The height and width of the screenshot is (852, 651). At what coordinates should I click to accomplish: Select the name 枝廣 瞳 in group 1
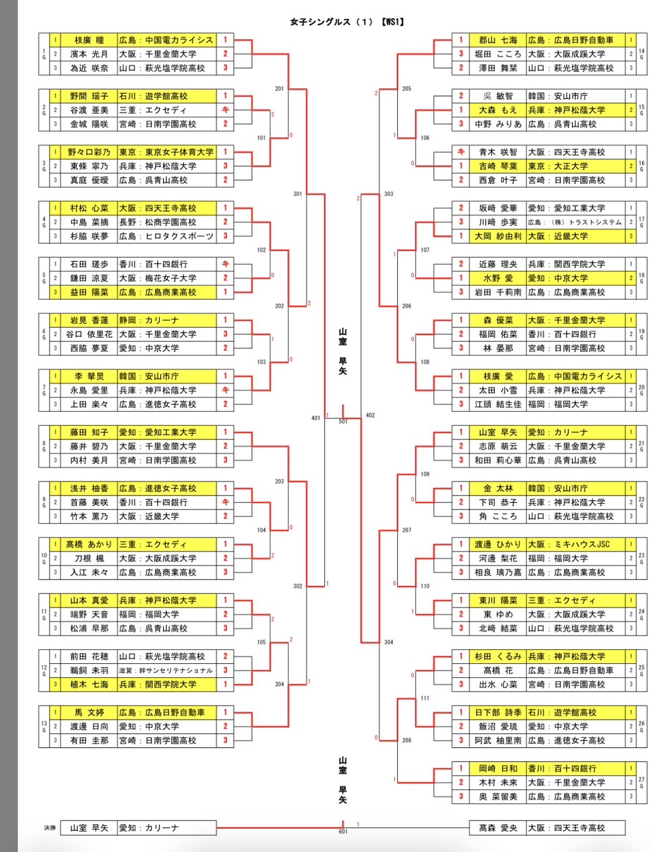tap(89, 40)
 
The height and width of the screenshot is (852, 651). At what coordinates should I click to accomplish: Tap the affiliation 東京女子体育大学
tap(179, 152)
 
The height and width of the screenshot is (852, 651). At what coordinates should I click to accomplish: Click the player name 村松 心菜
tap(89, 208)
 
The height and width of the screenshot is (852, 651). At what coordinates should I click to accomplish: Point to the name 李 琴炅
tap(89, 376)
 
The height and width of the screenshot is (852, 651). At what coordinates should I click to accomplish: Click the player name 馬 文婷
tap(89, 712)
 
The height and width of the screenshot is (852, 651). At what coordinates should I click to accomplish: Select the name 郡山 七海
tap(498, 40)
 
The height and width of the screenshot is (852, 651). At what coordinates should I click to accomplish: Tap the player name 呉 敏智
tap(498, 96)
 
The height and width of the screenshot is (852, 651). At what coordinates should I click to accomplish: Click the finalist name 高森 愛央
tap(498, 828)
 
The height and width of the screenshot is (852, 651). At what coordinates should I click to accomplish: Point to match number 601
tap(343, 832)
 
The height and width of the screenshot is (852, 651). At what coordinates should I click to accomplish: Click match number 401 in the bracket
tap(316, 418)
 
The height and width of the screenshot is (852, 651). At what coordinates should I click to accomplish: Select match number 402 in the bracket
tap(370, 415)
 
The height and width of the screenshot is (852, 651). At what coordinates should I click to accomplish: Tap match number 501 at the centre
tap(343, 421)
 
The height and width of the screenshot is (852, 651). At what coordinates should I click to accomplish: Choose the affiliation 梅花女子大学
tap(171, 278)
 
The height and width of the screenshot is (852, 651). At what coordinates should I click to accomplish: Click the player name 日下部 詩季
tap(498, 712)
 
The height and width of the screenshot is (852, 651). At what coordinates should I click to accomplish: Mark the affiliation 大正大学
tap(571, 166)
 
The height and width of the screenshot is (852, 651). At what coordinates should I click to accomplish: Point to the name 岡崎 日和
tap(498, 768)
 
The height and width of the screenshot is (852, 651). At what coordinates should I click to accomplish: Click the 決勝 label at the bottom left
tap(50, 828)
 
